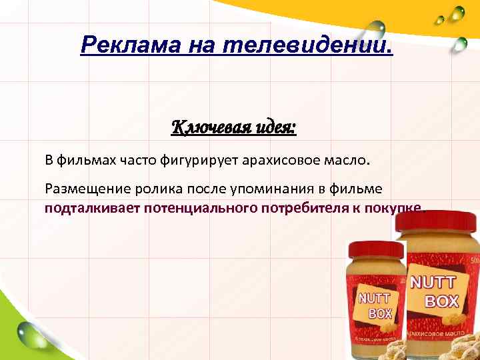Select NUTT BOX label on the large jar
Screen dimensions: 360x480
tap(433, 291)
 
